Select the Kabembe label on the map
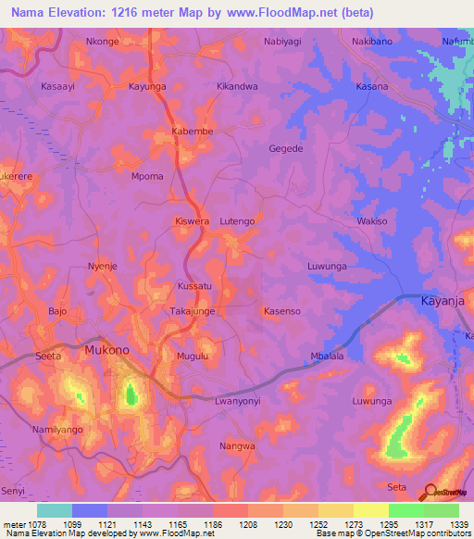coord(193,132)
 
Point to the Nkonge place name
coord(103,42)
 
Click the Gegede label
coord(285,149)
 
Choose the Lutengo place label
coord(237,222)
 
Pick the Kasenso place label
coord(281,312)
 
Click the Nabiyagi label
coord(283,42)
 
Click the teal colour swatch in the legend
coord(55,510)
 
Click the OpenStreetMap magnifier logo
coord(430,492)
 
